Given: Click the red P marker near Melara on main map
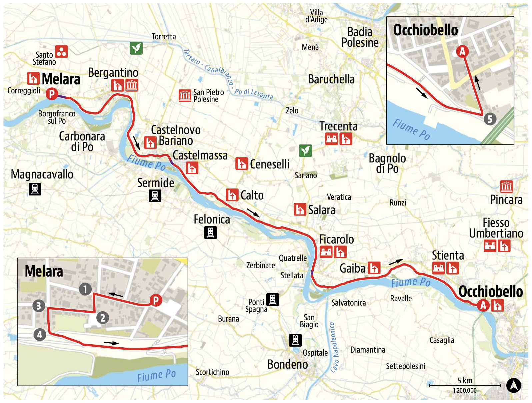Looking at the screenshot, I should [52, 94].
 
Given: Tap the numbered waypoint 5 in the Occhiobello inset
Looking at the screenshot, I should [490, 119].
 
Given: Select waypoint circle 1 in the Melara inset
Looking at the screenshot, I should [85, 289].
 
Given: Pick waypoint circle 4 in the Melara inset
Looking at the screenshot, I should [40, 334].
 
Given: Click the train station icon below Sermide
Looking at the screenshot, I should [155, 196].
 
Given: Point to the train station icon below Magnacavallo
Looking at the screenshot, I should [35, 189].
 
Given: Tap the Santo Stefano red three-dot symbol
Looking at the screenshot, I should [61, 52].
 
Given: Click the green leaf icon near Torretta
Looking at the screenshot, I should [136, 48].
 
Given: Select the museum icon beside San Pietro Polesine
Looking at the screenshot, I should [185, 96].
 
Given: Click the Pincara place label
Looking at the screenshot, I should [506, 200].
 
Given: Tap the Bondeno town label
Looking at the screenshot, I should [287, 364].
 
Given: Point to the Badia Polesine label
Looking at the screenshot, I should [360, 37].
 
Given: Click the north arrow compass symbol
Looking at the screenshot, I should [514, 385].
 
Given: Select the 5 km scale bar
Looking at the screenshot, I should [465, 385].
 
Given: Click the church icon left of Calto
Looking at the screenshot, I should [232, 195].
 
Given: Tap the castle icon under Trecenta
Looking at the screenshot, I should [332, 139].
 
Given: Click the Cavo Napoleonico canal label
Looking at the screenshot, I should [334, 347].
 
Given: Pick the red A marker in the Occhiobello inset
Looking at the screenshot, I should [462, 51].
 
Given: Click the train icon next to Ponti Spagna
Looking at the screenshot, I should [272, 299].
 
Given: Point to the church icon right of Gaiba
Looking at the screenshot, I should [374, 268].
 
